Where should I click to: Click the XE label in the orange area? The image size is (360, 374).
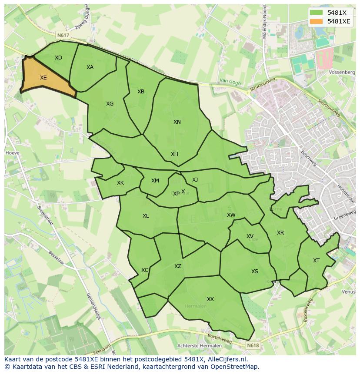click(x=43, y=78)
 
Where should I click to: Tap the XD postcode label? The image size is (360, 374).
click(x=58, y=58)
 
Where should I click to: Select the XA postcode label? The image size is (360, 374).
click(x=90, y=67)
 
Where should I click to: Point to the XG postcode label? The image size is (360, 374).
click(x=110, y=104)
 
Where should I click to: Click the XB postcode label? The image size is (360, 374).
click(x=141, y=92)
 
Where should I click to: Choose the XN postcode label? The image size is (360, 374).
click(x=177, y=122)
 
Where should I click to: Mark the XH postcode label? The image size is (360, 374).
click(x=174, y=154)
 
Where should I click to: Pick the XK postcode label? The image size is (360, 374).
click(x=120, y=183)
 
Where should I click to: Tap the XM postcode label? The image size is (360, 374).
click(x=155, y=181)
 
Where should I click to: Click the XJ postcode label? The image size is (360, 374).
click(x=195, y=180)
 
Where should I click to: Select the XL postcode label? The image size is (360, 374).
click(x=146, y=216)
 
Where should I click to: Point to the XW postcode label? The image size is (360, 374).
click(x=231, y=215)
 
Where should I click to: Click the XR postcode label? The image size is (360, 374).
click(x=280, y=233)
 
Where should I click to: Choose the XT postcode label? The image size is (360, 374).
click(x=316, y=261)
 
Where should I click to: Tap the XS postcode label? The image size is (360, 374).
click(x=255, y=271)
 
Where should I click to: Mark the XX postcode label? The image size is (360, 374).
click(x=210, y=299)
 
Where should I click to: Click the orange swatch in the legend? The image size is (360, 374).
click(x=317, y=21)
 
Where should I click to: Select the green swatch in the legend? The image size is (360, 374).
click(x=317, y=13)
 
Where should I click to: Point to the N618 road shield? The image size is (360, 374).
click(x=252, y=345)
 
